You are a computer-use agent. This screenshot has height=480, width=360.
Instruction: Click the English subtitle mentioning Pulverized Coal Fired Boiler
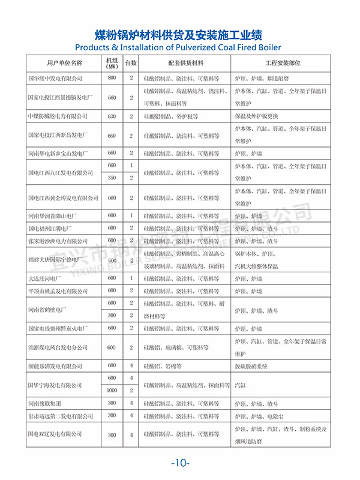[x=179, y=47]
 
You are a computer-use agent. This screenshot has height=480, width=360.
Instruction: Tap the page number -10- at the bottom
[x=180, y=463]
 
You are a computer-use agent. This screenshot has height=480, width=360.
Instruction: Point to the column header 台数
[x=131, y=62]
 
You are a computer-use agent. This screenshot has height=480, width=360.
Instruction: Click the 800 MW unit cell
[x=112, y=78]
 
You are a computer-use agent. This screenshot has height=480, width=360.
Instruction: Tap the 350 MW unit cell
[x=112, y=178]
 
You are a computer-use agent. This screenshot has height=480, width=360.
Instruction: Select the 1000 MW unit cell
[x=112, y=390]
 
